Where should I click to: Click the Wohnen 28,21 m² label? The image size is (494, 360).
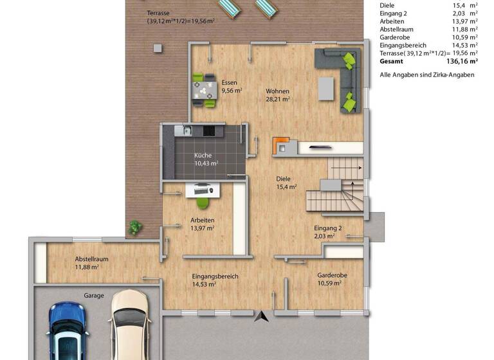277,95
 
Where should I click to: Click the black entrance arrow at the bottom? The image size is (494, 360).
262,316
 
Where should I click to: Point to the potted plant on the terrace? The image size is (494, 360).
135,226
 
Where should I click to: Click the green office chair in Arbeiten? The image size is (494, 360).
202,202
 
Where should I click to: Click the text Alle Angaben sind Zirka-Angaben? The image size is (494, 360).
427,75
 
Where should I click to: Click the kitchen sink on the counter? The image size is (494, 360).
186,132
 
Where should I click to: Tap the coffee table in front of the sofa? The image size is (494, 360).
327,89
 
